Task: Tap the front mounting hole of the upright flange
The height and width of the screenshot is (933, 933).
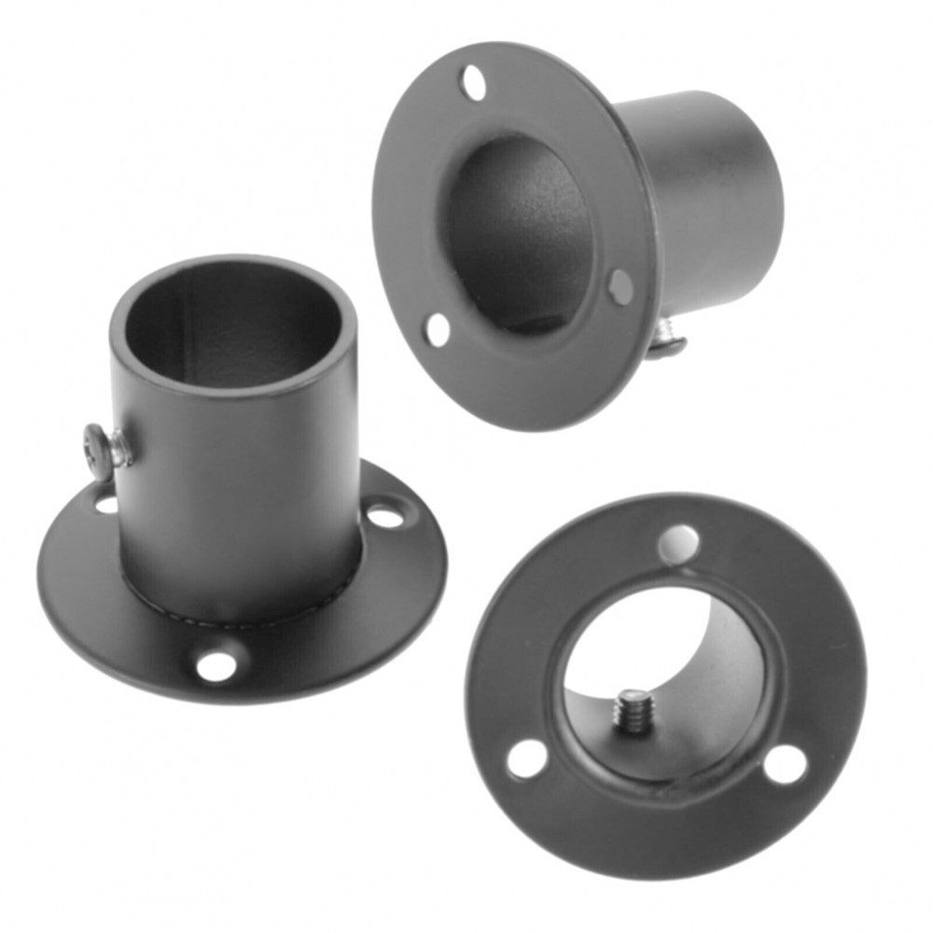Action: [216, 665]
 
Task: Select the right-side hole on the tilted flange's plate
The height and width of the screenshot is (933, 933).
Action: [620, 286]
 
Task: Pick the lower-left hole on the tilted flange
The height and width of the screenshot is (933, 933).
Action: [438, 329]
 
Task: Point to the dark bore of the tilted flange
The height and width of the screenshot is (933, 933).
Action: [518, 233]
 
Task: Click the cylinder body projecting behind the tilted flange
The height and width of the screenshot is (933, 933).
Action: [709, 196]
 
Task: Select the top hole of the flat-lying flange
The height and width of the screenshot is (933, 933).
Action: [678, 543]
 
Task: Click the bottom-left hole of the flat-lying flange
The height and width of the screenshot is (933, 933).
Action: [527, 758]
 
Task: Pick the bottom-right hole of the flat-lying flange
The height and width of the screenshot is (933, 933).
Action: [785, 764]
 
